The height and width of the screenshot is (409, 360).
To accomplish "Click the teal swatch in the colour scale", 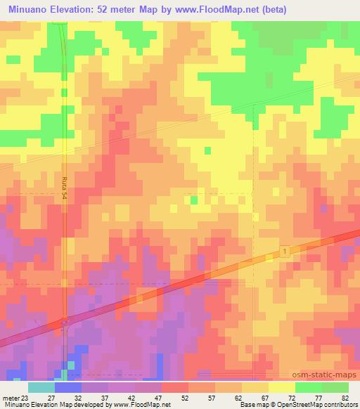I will point(41,387).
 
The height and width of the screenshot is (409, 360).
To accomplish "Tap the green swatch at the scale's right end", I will point(335,387).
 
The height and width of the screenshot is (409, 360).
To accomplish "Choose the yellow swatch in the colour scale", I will point(281,387).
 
